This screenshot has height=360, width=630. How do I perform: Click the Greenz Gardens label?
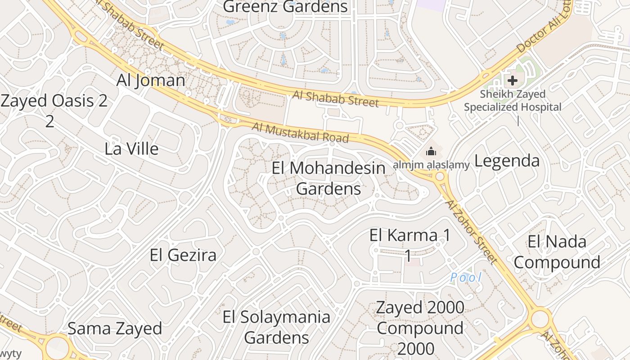click(285, 7)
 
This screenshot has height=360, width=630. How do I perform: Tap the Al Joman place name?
click(151, 80)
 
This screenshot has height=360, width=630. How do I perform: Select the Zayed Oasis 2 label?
click(54, 101)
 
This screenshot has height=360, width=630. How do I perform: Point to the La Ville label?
click(131, 148)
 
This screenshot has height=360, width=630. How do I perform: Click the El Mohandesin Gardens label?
click(328, 178)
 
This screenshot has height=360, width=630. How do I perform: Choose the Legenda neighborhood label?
click(507, 161)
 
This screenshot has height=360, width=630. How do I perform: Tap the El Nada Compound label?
click(557, 252)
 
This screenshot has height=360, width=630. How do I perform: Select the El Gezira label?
click(183, 255)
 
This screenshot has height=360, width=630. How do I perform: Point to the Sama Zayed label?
click(115, 328)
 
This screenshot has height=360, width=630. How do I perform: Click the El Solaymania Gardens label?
click(276, 327)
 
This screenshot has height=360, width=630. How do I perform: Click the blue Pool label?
click(466, 277)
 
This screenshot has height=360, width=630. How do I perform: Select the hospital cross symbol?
click(512, 81)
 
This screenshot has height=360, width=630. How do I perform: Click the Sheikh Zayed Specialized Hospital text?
click(513, 101)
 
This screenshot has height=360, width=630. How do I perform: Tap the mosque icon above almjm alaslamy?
click(431, 151)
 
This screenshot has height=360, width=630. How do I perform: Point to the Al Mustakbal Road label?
click(300, 132)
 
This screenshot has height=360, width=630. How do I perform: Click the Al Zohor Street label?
click(471, 231)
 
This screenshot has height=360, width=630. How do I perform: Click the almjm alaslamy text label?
click(431, 165)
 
